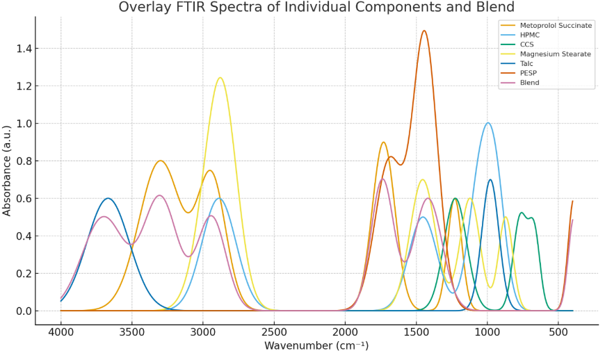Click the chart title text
point(316,8)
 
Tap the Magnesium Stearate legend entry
point(555,54)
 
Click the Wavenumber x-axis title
point(316,346)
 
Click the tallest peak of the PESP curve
point(423,31)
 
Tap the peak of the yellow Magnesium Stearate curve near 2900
point(220,78)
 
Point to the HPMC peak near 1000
point(487,123)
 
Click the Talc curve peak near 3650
point(108,198)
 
